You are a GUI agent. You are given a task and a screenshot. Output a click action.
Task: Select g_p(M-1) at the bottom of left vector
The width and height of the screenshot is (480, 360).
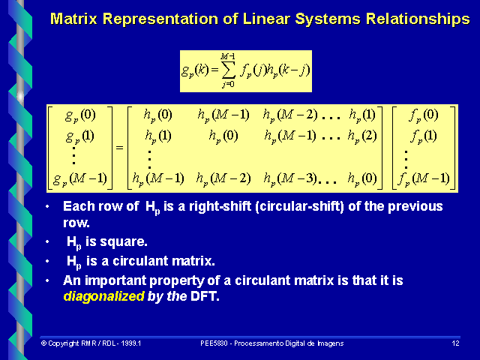pos(79,178)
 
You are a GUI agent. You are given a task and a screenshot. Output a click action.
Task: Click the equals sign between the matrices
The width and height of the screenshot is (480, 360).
pos(119,147)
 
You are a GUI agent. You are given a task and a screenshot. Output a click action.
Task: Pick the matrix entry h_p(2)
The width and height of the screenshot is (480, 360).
pos(364,137)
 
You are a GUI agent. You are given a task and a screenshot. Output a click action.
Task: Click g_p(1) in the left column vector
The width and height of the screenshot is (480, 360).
pos(79,136)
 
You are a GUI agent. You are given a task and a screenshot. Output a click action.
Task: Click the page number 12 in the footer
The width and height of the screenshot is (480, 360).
pos(455,343)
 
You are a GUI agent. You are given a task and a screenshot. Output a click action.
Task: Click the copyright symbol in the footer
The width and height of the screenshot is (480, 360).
pos(43,343)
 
